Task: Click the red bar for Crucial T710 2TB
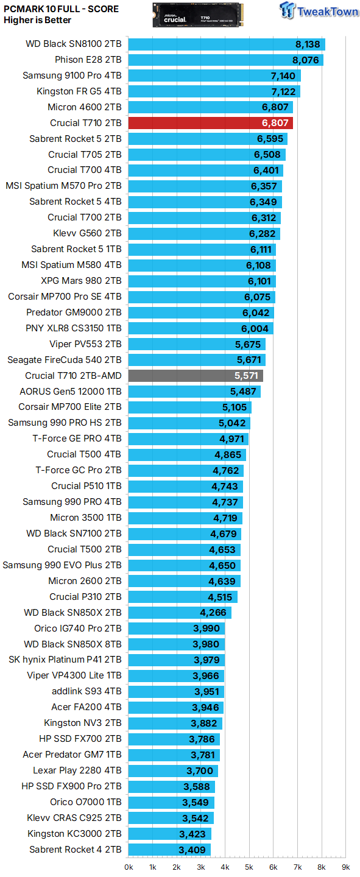(x=210, y=123)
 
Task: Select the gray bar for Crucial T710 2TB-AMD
(x=195, y=376)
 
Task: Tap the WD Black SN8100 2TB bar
(x=227, y=44)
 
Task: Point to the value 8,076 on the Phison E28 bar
(x=306, y=60)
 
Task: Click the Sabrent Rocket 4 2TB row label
(x=76, y=849)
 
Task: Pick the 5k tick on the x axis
(x=249, y=867)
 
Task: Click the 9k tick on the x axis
(x=345, y=867)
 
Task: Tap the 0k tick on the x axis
(x=129, y=867)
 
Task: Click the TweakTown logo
(x=319, y=12)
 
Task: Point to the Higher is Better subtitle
(x=37, y=20)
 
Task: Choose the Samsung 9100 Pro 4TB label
(x=72, y=76)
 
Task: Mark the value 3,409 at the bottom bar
(x=191, y=849)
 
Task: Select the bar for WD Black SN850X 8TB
(x=177, y=644)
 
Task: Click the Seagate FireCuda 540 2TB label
(x=65, y=360)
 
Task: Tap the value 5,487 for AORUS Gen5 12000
(x=242, y=392)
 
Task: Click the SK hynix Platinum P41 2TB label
(x=65, y=660)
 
